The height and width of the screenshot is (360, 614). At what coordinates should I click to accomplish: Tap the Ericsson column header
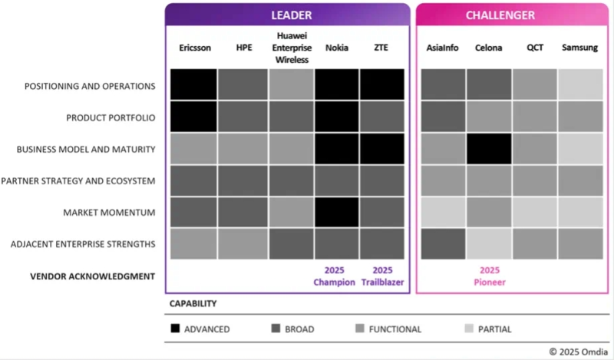(x=194, y=48)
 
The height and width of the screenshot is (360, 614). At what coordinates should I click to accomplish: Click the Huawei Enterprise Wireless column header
(x=292, y=47)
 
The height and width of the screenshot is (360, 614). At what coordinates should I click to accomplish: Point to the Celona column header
(x=489, y=48)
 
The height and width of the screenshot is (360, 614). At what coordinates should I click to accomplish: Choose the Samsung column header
(x=580, y=48)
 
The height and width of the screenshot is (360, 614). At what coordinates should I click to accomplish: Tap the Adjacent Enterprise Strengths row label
(x=83, y=244)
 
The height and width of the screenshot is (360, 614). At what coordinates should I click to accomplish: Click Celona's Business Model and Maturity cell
(x=489, y=148)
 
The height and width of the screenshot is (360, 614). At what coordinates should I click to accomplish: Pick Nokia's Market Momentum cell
(x=337, y=211)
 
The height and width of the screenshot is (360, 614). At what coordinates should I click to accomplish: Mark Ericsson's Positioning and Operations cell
(x=193, y=84)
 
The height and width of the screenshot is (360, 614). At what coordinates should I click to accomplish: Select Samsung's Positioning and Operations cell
(x=580, y=84)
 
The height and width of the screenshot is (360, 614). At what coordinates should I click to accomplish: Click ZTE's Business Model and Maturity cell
(x=381, y=148)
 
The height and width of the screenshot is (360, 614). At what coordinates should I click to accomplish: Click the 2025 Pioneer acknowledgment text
(x=489, y=276)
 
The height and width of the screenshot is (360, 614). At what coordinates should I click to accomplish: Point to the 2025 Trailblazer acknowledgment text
(x=381, y=276)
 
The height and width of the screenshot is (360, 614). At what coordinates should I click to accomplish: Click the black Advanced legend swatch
(x=176, y=329)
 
